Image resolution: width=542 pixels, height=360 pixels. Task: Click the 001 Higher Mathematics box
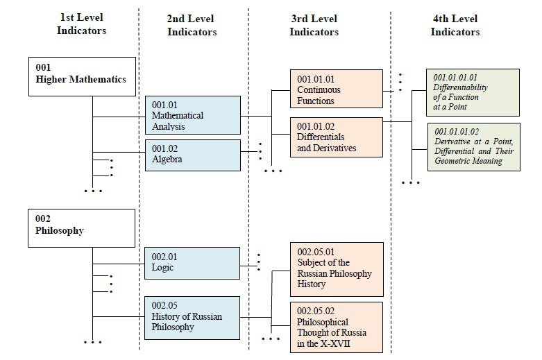[x=82, y=76]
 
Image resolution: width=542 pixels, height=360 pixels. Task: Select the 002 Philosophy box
[x=82, y=228]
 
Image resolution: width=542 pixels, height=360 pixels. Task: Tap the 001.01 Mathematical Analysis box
[x=192, y=116]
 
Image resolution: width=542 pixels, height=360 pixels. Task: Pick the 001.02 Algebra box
[x=192, y=155]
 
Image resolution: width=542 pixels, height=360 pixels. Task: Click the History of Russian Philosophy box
[x=192, y=317]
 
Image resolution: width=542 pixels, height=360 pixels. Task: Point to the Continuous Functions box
[x=336, y=89]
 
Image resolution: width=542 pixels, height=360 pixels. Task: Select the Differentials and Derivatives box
[x=336, y=137]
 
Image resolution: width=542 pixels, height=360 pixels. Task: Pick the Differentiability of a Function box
[x=473, y=92]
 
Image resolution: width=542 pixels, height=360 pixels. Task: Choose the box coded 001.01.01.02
[x=473, y=146]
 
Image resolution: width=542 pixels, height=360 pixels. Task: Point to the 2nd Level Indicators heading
[x=192, y=26]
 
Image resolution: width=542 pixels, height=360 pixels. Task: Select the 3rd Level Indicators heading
[x=314, y=26]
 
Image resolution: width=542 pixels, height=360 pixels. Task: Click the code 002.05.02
[x=316, y=311]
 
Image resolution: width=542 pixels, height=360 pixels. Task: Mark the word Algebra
[x=167, y=160]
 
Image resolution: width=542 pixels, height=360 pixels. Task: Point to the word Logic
[x=162, y=268]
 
